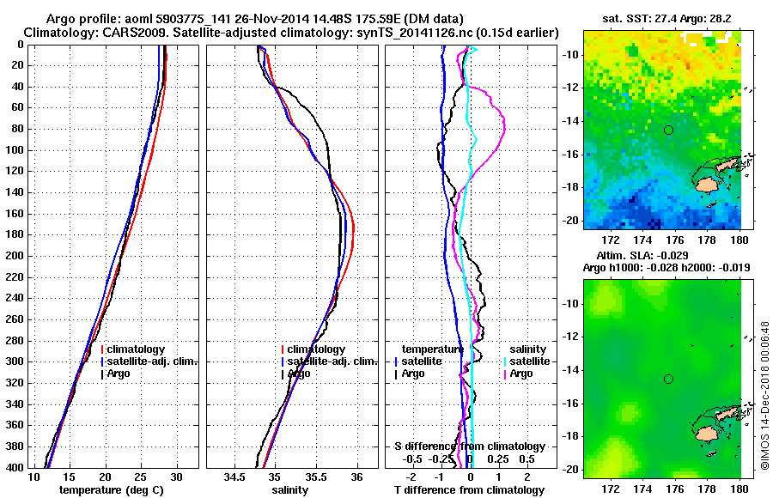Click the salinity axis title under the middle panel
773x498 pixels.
(x=290, y=489)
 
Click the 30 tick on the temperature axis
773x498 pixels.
(x=176, y=476)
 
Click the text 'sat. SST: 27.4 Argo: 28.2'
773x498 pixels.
(x=662, y=17)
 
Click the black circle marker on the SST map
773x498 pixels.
(x=668, y=130)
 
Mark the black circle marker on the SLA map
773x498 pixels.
(x=668, y=379)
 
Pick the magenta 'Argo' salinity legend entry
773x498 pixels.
(x=521, y=373)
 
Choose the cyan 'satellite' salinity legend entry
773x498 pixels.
(x=529, y=361)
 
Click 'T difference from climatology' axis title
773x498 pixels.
(x=470, y=489)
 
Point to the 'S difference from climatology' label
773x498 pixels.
(x=470, y=446)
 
